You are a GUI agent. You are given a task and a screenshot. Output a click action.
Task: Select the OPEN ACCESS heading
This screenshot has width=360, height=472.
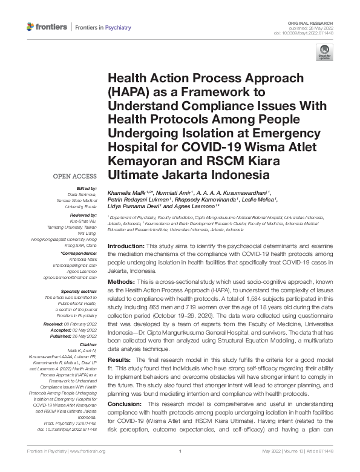[75, 176]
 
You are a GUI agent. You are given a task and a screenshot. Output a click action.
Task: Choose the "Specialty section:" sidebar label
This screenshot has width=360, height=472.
[79, 292]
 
